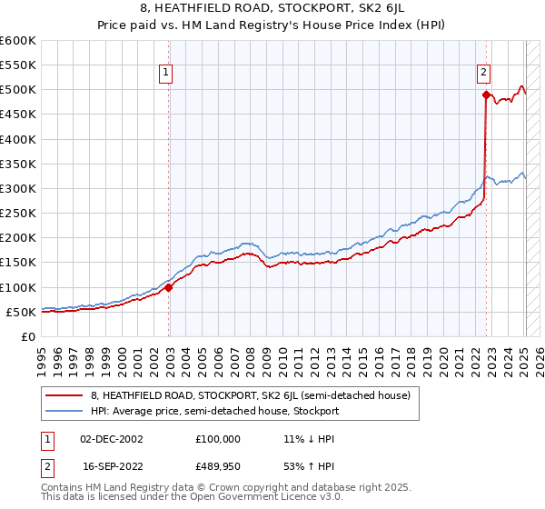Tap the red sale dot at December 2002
click(x=169, y=287)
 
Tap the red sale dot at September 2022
click(x=486, y=95)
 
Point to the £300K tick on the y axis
click(x=17, y=188)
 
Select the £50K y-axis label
click(x=21, y=312)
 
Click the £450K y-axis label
click(x=17, y=115)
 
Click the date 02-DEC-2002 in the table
click(x=112, y=439)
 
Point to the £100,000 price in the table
click(x=218, y=439)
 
